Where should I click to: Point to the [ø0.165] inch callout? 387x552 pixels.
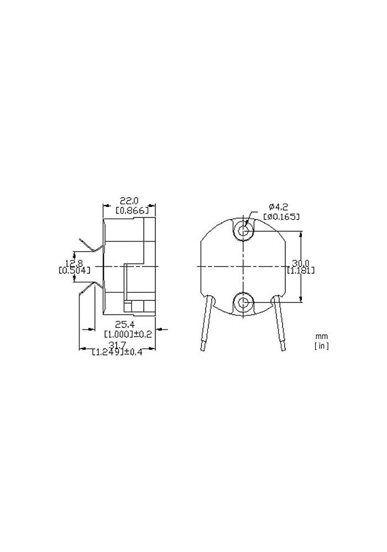click(x=282, y=216)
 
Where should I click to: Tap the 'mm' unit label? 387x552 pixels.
click(x=321, y=336)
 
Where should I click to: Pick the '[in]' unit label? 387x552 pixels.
click(x=321, y=346)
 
